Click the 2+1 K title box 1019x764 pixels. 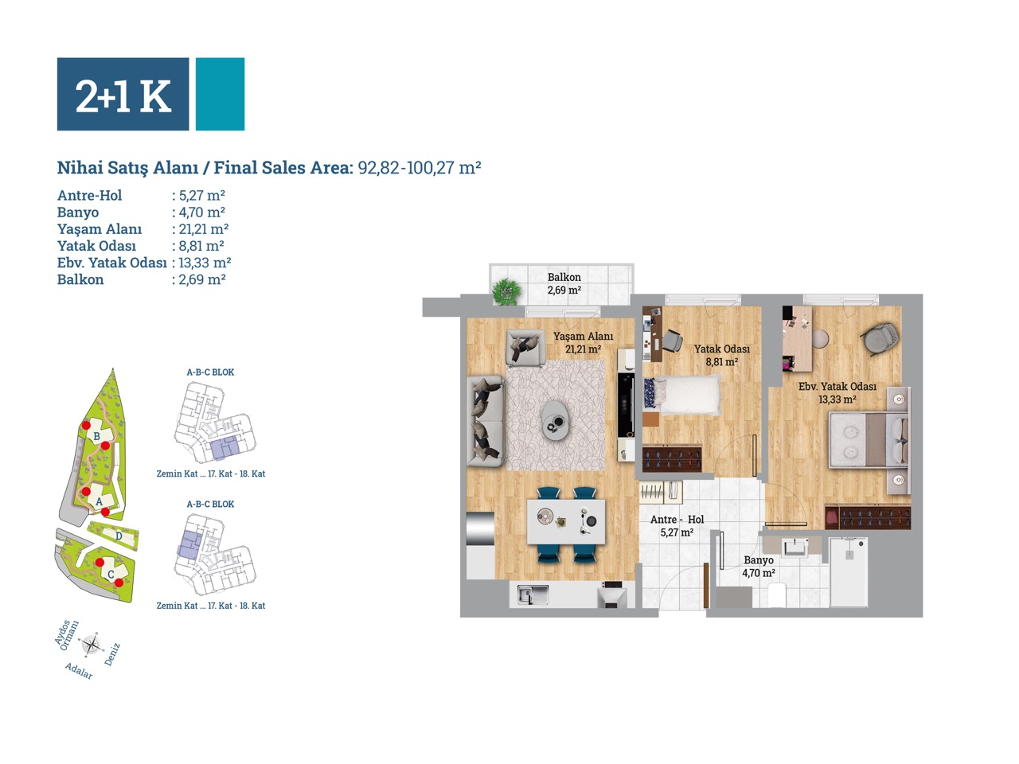(x=123, y=94)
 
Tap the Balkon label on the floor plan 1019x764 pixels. (x=564, y=278)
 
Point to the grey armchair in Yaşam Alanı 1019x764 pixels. (x=525, y=346)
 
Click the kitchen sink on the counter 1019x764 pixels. (x=533, y=594)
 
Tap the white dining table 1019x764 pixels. (x=566, y=521)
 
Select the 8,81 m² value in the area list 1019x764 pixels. (x=201, y=246)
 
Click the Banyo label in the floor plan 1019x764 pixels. (x=759, y=560)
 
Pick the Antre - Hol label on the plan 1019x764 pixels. (x=677, y=520)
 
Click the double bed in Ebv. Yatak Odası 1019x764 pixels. (x=869, y=439)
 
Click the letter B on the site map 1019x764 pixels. (x=96, y=436)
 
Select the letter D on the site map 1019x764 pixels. (x=119, y=536)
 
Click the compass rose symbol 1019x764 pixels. (x=92, y=645)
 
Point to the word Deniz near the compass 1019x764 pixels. (x=112, y=654)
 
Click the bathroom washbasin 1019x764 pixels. (x=796, y=548)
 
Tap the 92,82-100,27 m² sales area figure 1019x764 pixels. (x=420, y=167)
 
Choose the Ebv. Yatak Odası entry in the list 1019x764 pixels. (x=112, y=263)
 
